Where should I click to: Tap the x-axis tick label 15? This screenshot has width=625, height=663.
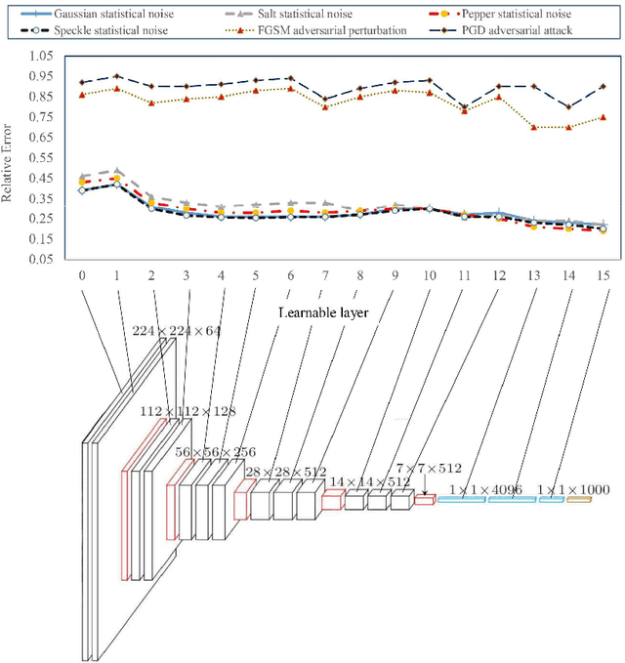click(603, 276)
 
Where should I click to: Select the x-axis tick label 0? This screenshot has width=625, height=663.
click(82, 276)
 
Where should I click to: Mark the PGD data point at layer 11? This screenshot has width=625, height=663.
click(464, 106)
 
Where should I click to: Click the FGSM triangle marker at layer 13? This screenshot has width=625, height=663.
click(533, 127)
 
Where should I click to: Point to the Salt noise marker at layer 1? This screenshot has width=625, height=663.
click(117, 171)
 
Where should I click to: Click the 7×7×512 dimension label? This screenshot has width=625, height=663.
click(429, 470)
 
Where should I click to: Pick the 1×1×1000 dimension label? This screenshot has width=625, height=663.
click(574, 488)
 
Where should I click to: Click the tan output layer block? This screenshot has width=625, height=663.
click(579, 500)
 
